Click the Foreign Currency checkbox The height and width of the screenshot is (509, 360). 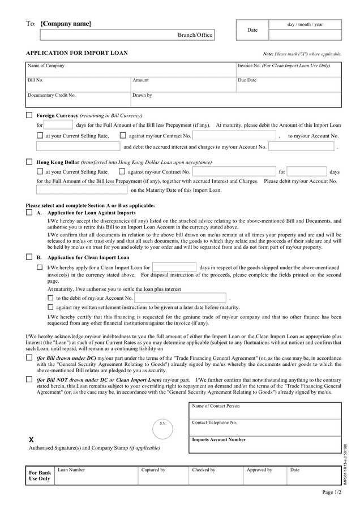tap(29, 115)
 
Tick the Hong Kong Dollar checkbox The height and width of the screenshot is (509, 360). tap(29, 162)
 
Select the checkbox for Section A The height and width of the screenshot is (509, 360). tap(29, 213)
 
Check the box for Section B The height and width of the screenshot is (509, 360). tap(29, 257)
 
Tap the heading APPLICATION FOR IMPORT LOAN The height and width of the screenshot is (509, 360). tap(77, 53)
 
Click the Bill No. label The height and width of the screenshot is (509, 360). tap(36, 80)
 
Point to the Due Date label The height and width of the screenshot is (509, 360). tap(247, 80)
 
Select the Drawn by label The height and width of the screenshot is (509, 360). tap(142, 95)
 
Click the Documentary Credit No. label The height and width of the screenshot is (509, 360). tap(52, 95)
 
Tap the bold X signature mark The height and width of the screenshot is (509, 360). tap(31, 439)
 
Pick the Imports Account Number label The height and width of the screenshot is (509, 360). tap(219, 439)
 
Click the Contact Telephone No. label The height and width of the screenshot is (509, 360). tap(215, 422)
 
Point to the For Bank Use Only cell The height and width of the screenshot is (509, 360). tap(40, 476)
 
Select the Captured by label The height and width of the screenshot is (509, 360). tap(153, 470)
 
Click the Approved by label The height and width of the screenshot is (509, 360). tap(259, 470)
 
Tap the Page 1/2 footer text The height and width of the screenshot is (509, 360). tap(332, 493)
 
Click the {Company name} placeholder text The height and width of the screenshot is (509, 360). tap(66, 24)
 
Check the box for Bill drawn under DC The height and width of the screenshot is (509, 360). tap(29, 358)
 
